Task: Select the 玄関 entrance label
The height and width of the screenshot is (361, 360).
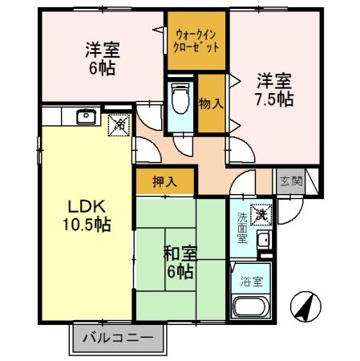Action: (290, 181)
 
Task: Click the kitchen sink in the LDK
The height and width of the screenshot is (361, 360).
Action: (85, 117)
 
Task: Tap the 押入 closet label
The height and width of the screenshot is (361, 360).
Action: (164, 182)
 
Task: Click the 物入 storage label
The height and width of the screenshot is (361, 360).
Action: (211, 103)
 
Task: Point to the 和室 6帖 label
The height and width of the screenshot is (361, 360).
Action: (178, 262)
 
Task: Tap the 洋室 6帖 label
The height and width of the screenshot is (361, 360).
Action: (101, 58)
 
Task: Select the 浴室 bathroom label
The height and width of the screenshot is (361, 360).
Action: (251, 282)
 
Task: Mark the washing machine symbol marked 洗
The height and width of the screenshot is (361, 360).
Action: (261, 215)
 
